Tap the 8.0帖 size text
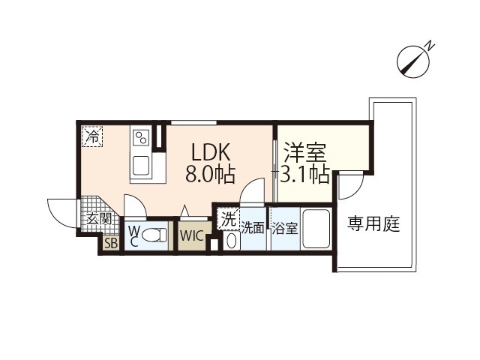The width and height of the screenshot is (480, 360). (210, 175)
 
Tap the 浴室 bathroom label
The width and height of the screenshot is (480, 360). (285, 227)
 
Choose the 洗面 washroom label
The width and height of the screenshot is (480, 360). (253, 228)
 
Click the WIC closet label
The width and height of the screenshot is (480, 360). (192, 235)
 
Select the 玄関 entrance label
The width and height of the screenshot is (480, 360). (98, 219)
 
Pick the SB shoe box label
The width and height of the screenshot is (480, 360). (110, 244)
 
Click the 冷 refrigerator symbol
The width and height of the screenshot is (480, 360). (93, 136)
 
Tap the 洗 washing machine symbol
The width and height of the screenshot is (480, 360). (229, 220)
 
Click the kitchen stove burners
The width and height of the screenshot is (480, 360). (140, 137)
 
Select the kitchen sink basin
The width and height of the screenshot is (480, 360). (140, 164)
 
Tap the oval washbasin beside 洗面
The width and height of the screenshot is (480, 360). (231, 241)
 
